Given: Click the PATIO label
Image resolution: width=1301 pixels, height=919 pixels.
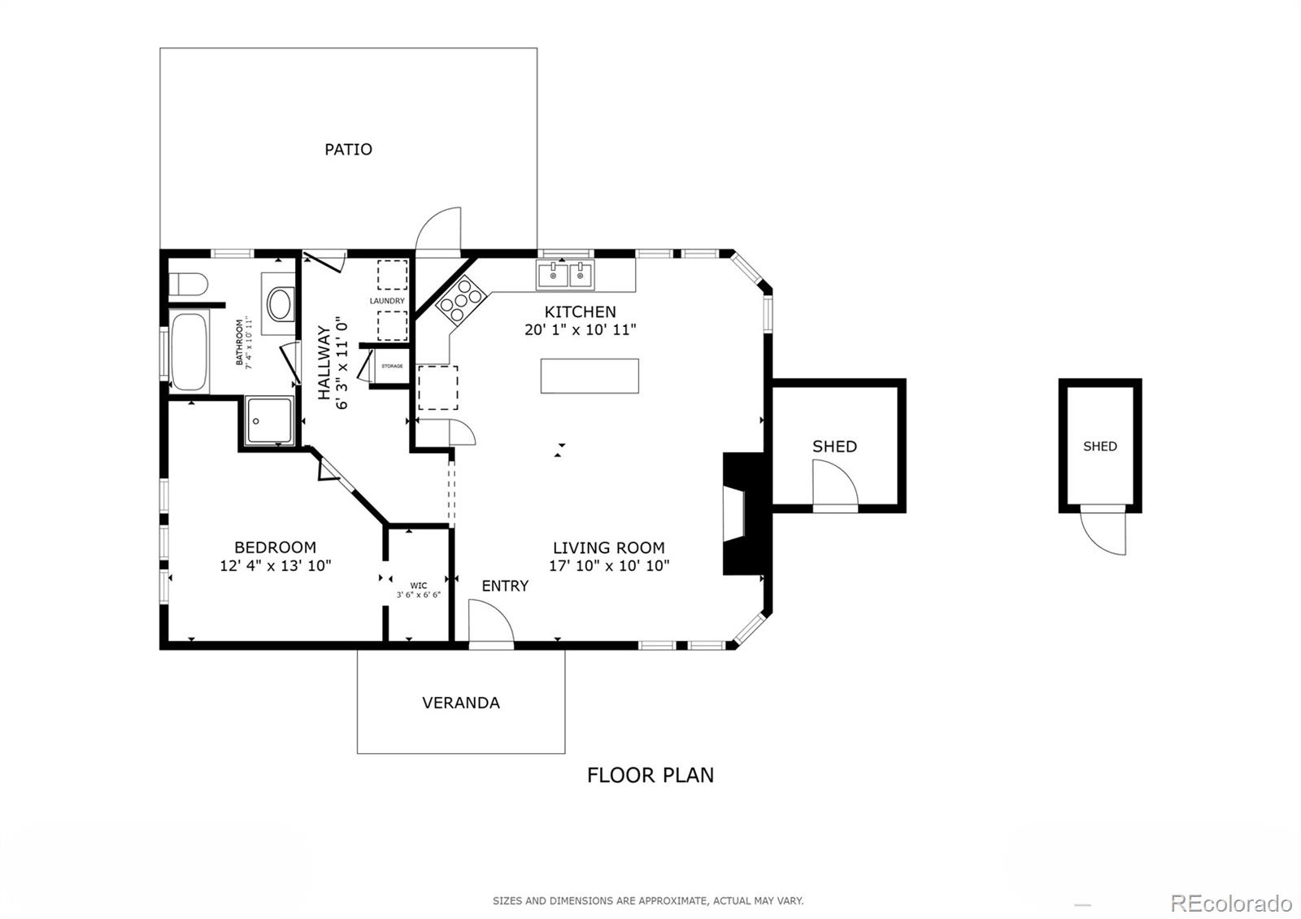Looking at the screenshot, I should (348, 150).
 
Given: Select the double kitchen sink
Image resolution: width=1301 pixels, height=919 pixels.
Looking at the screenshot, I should (565, 274).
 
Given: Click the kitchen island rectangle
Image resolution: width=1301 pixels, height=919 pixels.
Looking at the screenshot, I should (590, 376).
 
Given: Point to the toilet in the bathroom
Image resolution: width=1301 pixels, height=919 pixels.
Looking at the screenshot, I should (188, 285).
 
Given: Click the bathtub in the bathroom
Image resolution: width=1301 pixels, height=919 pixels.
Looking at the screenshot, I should (189, 351).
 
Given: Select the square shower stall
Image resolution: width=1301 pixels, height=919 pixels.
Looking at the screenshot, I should (269, 420).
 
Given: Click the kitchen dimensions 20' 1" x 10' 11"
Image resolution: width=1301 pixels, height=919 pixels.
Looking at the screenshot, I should (580, 330).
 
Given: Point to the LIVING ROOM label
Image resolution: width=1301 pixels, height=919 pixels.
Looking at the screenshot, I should (608, 548).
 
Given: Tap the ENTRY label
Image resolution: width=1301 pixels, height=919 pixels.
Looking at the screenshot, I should (505, 586).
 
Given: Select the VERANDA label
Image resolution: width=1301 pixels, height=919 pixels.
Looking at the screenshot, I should (460, 703).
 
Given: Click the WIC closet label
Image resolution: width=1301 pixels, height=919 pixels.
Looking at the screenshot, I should (418, 586).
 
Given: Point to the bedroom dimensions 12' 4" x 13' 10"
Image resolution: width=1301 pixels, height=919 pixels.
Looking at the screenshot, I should (275, 566).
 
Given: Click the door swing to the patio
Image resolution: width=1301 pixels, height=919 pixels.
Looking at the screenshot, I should (438, 230).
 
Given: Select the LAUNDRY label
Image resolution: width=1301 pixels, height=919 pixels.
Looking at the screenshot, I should (387, 301).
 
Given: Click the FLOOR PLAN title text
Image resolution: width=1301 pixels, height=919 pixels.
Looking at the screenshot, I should (650, 775).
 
